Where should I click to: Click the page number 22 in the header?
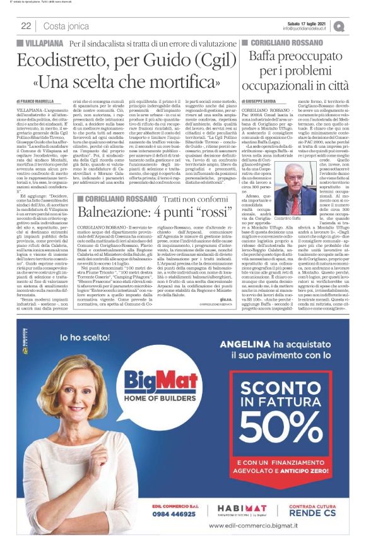[x=27, y=25]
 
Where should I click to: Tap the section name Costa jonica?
[x=65, y=26]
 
